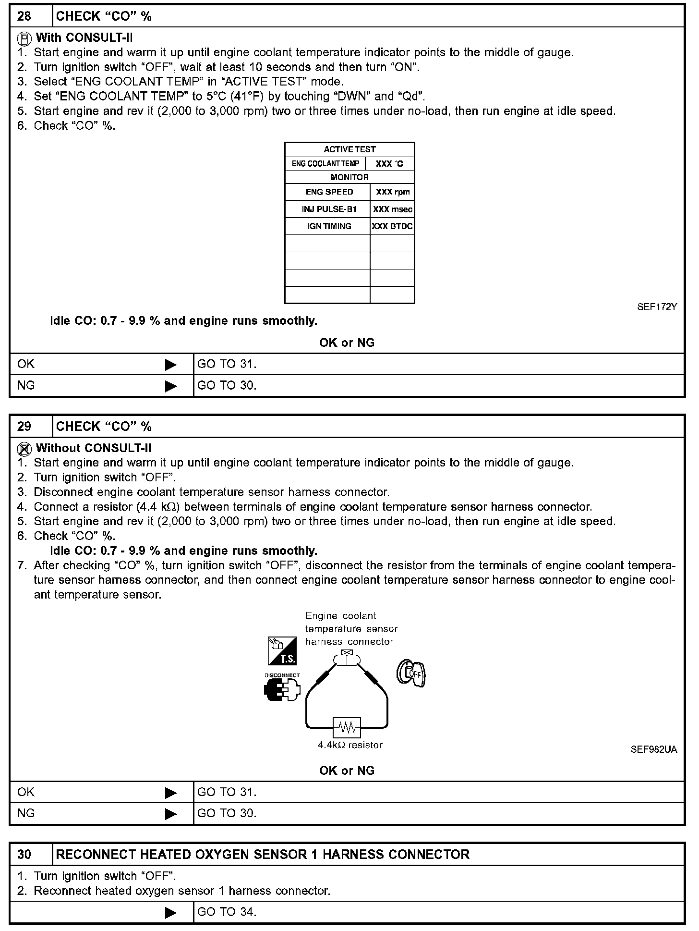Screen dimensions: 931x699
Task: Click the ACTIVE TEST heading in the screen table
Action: point(349,149)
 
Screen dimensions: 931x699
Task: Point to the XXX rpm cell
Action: point(393,192)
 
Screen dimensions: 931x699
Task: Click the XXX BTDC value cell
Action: point(392,226)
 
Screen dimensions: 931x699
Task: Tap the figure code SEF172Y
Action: point(657,307)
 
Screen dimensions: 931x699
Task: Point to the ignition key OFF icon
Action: point(411,673)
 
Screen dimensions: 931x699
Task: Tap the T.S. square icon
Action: point(282,651)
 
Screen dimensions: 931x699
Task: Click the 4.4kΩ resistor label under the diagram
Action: point(350,745)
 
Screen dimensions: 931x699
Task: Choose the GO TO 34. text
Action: point(227,912)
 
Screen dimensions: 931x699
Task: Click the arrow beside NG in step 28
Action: point(171,386)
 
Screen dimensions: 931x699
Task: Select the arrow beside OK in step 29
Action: point(171,793)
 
